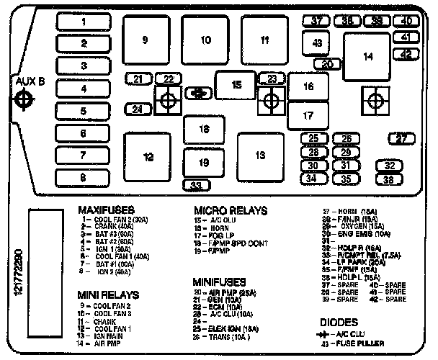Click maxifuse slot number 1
click(x=84, y=22)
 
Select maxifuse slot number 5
click(x=84, y=111)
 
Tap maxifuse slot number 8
click(x=84, y=177)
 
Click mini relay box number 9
click(x=145, y=40)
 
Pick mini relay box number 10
click(x=205, y=40)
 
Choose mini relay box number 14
click(x=368, y=56)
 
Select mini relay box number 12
click(x=147, y=156)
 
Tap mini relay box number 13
click(x=260, y=156)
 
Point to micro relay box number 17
click(x=308, y=115)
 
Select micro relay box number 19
click(x=204, y=163)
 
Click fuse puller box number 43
click(x=317, y=43)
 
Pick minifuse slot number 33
click(x=196, y=186)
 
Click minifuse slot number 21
click(x=138, y=78)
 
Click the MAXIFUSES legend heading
click(x=106, y=210)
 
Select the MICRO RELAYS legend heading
click(x=230, y=210)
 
